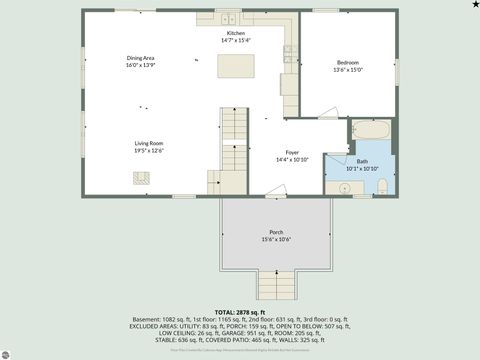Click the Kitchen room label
pyautogui.click(x=236, y=33)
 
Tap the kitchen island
pyautogui.click(x=236, y=66)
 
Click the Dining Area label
pyautogui.click(x=140, y=57)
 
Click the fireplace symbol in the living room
pyautogui.click(x=141, y=177)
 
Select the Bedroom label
pyautogui.click(x=348, y=63)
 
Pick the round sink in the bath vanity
pyautogui.click(x=331, y=187)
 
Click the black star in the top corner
pyautogui.click(x=474, y=5)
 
